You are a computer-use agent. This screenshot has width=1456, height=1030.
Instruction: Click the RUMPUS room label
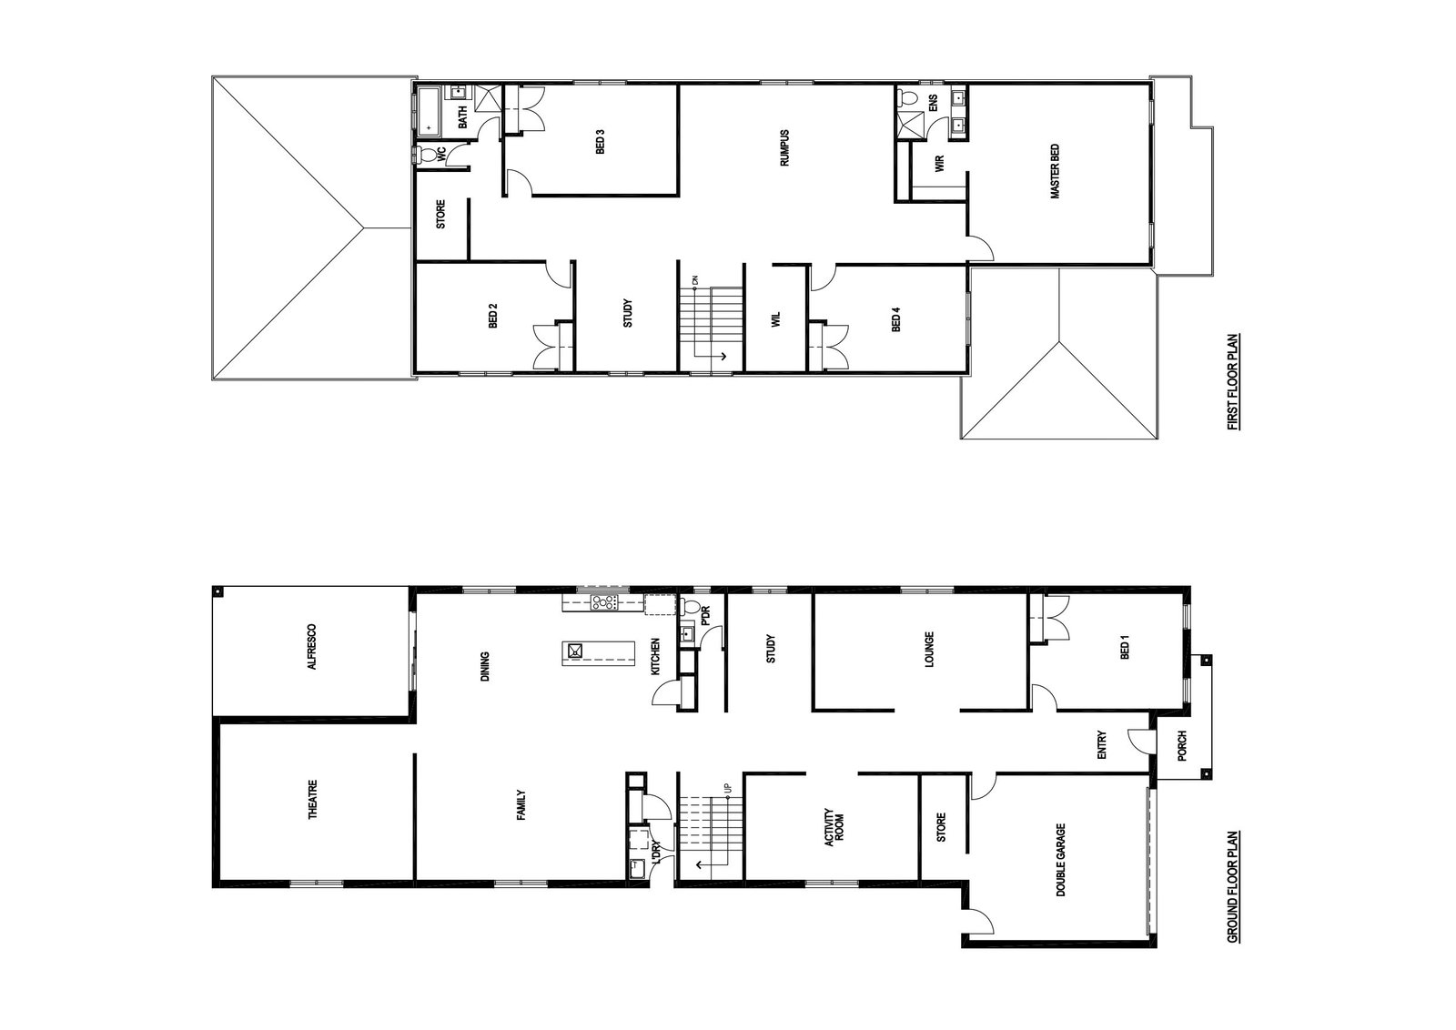coord(784,148)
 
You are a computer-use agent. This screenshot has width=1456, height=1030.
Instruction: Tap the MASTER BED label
coord(1055,172)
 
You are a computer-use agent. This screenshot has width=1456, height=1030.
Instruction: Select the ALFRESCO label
coord(312,647)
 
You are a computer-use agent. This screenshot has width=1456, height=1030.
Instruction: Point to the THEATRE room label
coord(313,799)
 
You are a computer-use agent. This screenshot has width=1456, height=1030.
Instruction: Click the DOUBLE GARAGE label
coord(1061,861)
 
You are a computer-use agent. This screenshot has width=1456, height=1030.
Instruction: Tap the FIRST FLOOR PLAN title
coord(1231,382)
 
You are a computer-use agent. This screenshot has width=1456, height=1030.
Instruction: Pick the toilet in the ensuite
coord(907,99)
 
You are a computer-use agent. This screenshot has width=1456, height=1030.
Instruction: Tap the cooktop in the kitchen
coord(603,602)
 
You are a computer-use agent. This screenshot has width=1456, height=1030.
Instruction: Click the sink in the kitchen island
coord(575,651)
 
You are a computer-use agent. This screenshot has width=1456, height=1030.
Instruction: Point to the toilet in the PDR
coord(689,608)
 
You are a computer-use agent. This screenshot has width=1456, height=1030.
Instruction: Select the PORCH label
coord(1182,746)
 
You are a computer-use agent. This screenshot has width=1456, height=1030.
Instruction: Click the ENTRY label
coord(1101,745)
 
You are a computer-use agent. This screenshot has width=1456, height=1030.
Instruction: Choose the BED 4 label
coord(896,319)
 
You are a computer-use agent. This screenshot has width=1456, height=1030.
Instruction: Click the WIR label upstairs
coord(938,163)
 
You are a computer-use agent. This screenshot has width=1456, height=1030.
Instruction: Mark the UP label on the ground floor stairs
coord(728,788)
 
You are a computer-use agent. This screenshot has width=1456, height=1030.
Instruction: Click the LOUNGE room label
coord(929,649)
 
